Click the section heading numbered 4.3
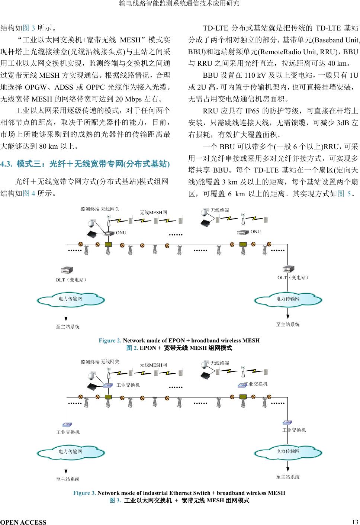[x=85, y=164]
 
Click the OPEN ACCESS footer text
[x=23, y=522]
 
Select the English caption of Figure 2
[x=179, y=340]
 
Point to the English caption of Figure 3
[x=179, y=493]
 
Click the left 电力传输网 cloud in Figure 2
[x=71, y=299]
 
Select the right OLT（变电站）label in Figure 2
[x=293, y=277]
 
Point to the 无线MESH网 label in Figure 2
[x=153, y=212]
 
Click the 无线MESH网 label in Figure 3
[x=153, y=365]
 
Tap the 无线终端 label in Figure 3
[x=220, y=363]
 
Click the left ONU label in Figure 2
[x=121, y=233]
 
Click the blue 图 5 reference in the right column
[x=345, y=193]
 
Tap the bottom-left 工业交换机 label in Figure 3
[x=68, y=432]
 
